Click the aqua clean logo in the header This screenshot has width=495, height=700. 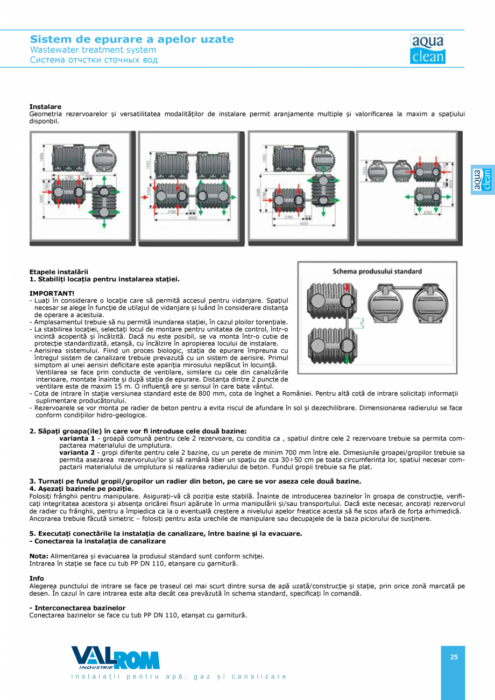[427, 50]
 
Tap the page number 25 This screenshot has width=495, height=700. [454, 657]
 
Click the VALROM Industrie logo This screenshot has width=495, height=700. [115, 658]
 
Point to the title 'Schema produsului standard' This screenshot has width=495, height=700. [377, 271]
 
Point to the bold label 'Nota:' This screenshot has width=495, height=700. [39, 556]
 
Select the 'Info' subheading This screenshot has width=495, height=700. [37, 578]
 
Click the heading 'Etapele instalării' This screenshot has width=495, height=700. [59, 272]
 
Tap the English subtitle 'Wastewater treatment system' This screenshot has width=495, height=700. [93, 50]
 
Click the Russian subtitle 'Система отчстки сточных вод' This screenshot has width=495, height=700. [94, 60]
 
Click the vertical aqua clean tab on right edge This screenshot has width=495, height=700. [482, 179]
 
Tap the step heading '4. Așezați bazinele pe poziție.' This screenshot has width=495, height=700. [81, 488]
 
